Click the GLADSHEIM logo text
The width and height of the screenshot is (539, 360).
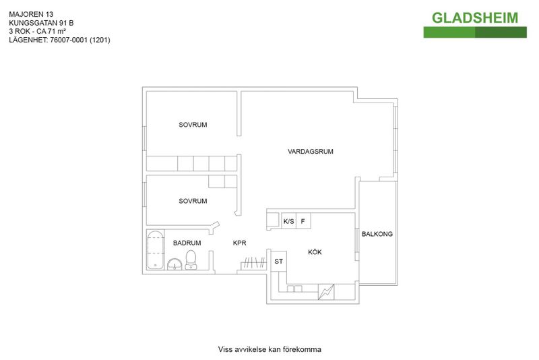pyautogui.click(x=475, y=18)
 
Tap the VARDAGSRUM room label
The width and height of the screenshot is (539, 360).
pyautogui.click(x=311, y=151)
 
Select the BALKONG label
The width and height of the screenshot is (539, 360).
pyautogui.click(x=377, y=234)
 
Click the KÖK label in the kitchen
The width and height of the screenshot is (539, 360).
pyautogui.click(x=315, y=252)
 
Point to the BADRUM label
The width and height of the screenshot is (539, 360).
pyautogui.click(x=187, y=243)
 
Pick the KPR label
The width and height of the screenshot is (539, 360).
pyautogui.click(x=240, y=243)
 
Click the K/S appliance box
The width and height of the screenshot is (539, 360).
pyautogui.click(x=289, y=221)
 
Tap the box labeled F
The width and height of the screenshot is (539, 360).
pyautogui.click(x=304, y=221)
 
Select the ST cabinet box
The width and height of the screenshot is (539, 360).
pyautogui.click(x=279, y=262)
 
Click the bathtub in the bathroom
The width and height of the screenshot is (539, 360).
pyautogui.click(x=155, y=250)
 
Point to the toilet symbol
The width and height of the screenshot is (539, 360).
pyautogui.click(x=191, y=260)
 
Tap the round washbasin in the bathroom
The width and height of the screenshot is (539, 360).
pyautogui.click(x=175, y=264)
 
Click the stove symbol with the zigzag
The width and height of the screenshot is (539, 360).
pyautogui.click(x=326, y=292)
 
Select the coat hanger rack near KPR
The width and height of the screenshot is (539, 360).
pyautogui.click(x=253, y=264)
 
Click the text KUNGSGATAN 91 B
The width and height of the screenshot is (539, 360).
pyautogui.click(x=41, y=23)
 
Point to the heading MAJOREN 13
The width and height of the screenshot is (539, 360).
pyautogui.click(x=31, y=14)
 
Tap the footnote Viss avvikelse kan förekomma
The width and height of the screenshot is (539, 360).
pyautogui.click(x=269, y=349)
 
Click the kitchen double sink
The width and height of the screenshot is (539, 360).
pyautogui.click(x=294, y=289)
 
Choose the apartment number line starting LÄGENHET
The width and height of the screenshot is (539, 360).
pyautogui.click(x=59, y=40)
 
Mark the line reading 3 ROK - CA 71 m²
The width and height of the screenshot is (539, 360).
pyautogui.click(x=38, y=31)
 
